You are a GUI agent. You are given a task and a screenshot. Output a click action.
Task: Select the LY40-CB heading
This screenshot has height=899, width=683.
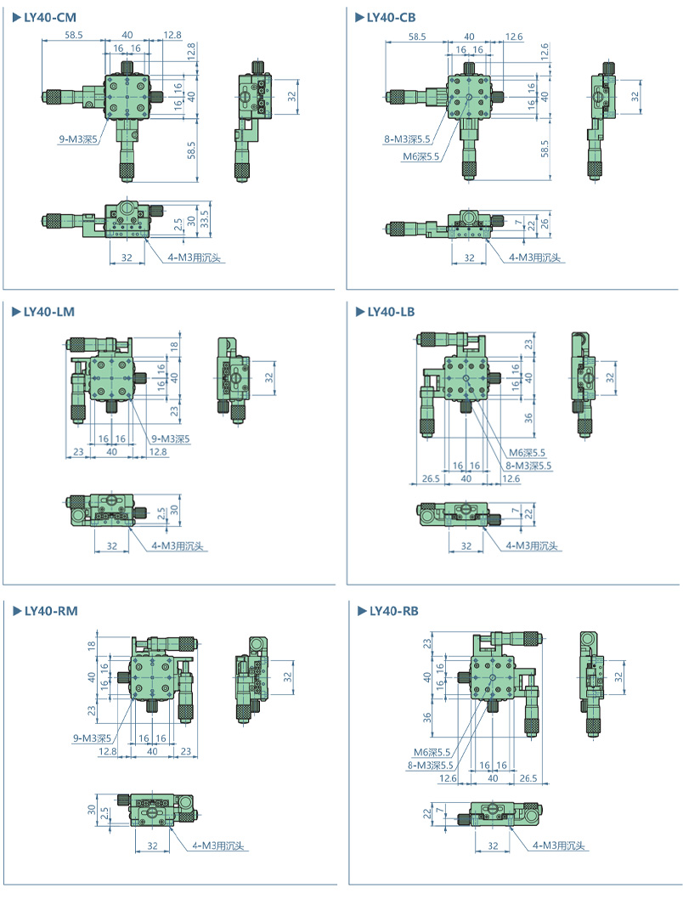click(392, 16)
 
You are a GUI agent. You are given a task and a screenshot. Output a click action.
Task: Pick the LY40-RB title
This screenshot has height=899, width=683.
click(393, 610)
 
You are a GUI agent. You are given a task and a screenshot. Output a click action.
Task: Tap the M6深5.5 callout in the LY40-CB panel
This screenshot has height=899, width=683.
click(420, 155)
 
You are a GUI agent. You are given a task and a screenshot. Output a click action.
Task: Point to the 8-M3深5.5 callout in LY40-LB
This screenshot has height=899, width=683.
click(528, 465)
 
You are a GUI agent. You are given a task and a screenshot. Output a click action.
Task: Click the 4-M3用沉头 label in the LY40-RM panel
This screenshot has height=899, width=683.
click(218, 845)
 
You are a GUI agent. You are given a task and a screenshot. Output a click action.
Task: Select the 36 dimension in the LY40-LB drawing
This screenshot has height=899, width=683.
click(528, 417)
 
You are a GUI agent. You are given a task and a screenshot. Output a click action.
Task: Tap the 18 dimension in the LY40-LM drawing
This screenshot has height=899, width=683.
click(174, 346)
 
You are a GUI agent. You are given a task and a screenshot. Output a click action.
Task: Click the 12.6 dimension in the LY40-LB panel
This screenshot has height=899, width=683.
click(511, 479)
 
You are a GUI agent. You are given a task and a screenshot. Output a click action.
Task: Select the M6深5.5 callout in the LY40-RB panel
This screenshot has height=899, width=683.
click(432, 752)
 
